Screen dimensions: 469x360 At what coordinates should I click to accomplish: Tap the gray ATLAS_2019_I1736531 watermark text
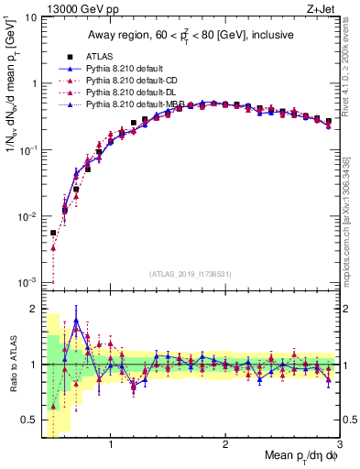191,274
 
